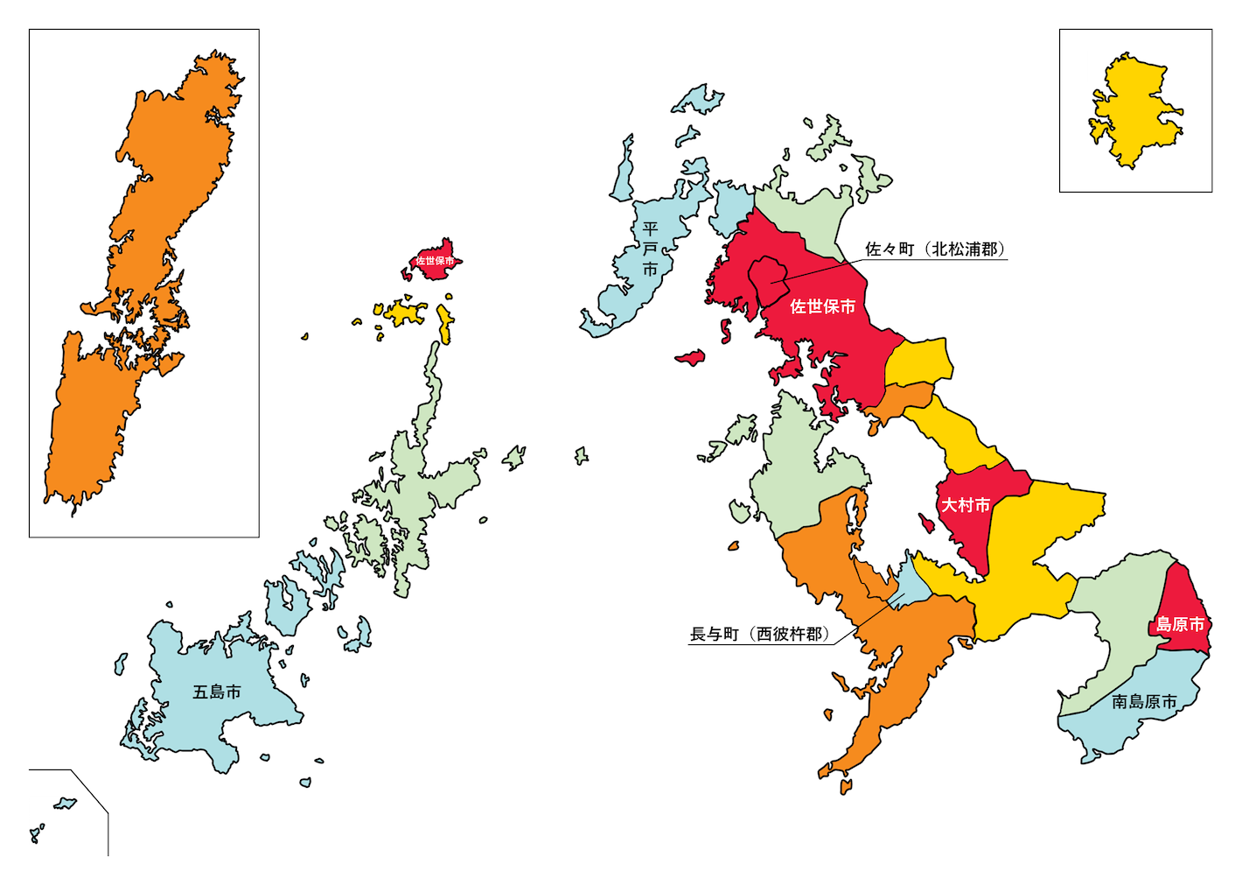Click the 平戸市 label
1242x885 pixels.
coord(650,249)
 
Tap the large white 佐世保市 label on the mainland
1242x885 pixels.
coord(822,306)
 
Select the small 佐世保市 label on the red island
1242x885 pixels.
coord(435,261)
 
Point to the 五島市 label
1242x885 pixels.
coord(217,692)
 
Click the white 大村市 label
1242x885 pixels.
coord(966,505)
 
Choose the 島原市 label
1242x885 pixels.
coord(1180,624)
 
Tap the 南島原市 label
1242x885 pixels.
coord(1144,701)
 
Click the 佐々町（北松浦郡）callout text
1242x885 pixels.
coord(935,249)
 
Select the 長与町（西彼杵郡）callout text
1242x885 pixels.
coord(759,634)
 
